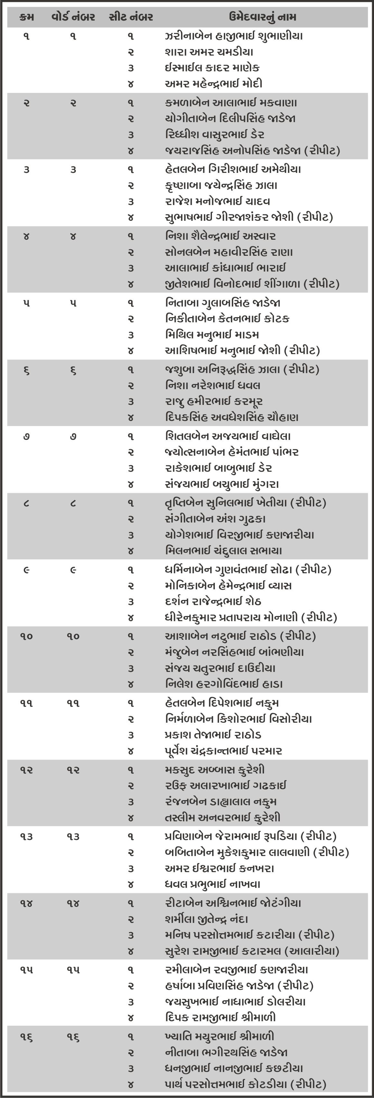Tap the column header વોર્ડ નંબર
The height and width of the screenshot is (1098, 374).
coord(73,17)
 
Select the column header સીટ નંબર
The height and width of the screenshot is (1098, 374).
coord(131,17)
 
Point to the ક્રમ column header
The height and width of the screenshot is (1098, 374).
coord(26,17)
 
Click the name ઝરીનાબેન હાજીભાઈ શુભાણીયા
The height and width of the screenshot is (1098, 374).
coord(234,36)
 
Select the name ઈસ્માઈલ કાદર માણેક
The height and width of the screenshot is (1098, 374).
coord(212,68)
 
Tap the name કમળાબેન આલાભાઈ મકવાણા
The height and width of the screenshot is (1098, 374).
coord(231,103)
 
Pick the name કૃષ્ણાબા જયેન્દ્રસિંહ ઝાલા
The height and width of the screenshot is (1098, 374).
coord(221,185)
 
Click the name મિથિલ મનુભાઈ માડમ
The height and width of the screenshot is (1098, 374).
coord(212,335)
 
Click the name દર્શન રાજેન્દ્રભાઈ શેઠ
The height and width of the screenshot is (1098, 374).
coord(213,602)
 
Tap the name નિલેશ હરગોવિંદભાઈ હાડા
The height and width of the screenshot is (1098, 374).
coord(224,684)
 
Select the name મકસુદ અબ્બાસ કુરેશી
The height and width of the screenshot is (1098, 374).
coord(214,770)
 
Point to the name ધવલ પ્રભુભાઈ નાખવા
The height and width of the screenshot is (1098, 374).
coord(212,884)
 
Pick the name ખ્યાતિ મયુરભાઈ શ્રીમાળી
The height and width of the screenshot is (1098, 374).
coord(220,1036)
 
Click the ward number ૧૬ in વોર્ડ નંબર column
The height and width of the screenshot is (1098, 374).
coord(73,1036)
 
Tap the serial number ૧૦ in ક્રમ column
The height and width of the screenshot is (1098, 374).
coord(26,636)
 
